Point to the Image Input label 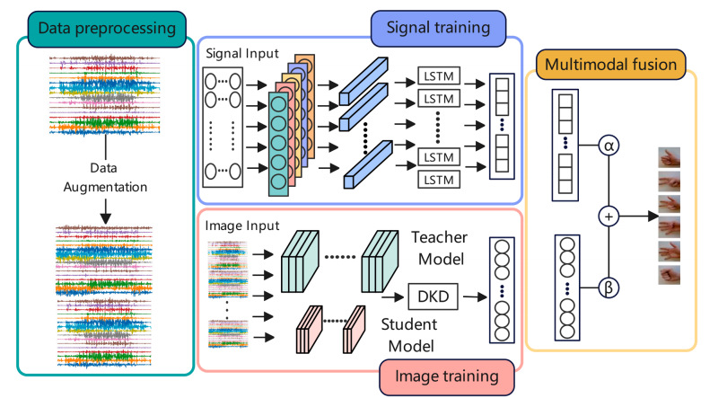click(x=243, y=226)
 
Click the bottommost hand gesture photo click(x=670, y=270)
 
